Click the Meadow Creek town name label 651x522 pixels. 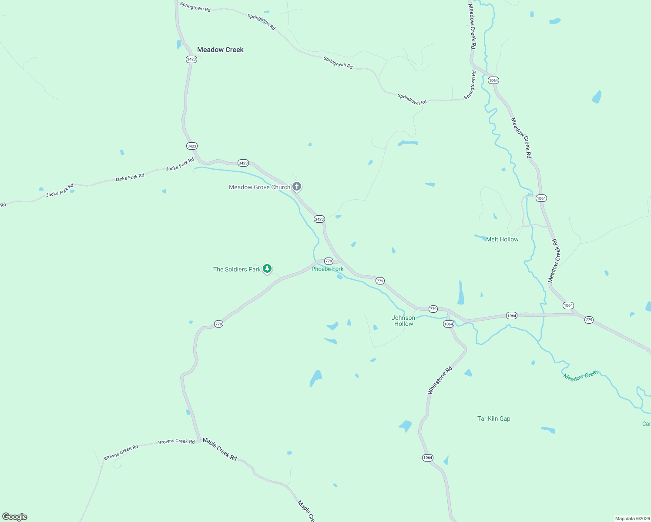pyautogui.click(x=220, y=50)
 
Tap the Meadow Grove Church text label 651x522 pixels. pyautogui.click(x=259, y=187)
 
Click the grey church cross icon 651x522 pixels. pyautogui.click(x=297, y=187)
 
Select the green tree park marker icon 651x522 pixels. pyautogui.click(x=268, y=269)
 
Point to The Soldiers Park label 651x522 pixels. pyautogui.click(x=237, y=269)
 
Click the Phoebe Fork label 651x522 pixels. pyautogui.click(x=327, y=269)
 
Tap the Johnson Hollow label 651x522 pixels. pyautogui.click(x=403, y=321)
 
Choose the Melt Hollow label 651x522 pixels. pyautogui.click(x=502, y=239)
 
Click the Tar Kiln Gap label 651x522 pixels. pyautogui.click(x=493, y=418)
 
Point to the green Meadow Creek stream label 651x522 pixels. pyautogui.click(x=581, y=376)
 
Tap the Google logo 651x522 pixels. pyautogui.click(x=15, y=517)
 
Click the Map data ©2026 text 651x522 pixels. pyautogui.click(x=632, y=519)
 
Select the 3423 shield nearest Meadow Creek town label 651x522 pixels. pyautogui.click(x=191, y=59)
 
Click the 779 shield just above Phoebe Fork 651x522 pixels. pyautogui.click(x=329, y=261)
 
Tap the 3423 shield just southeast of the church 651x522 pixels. pyautogui.click(x=319, y=219)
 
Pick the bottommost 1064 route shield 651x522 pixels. pyautogui.click(x=428, y=458)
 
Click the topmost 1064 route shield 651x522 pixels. pyautogui.click(x=493, y=80)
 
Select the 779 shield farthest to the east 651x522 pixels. pyautogui.click(x=589, y=320)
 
